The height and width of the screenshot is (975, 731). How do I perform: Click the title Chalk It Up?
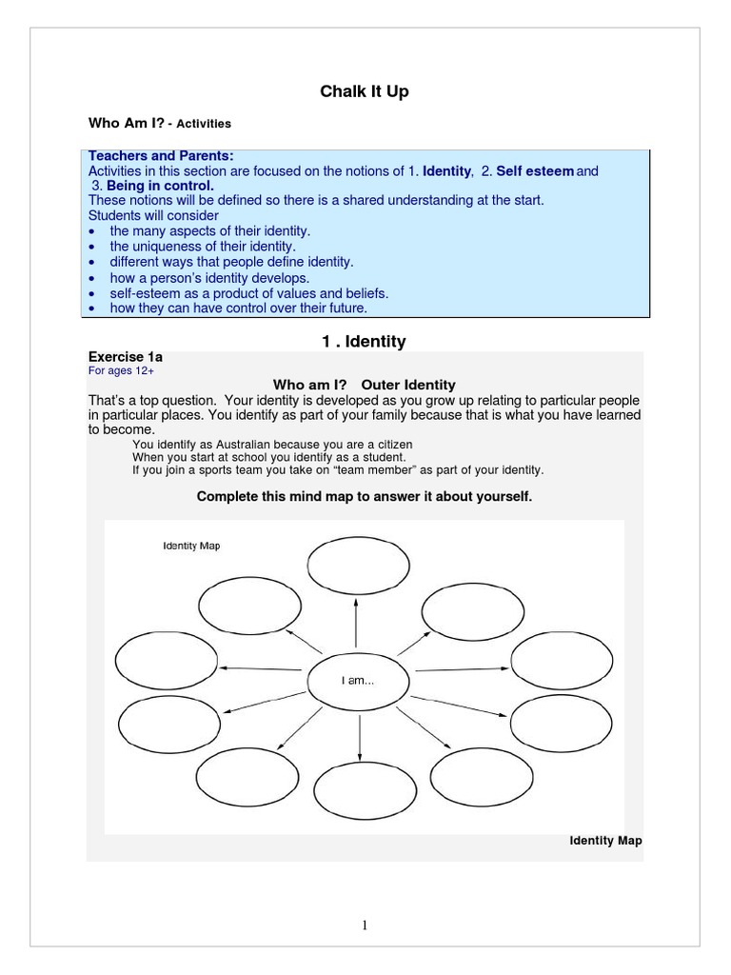click(x=365, y=92)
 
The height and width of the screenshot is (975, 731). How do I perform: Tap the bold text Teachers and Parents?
click(x=161, y=156)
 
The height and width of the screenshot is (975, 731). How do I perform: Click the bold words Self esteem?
click(x=535, y=171)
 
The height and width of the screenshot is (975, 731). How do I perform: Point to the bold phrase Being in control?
click(x=160, y=186)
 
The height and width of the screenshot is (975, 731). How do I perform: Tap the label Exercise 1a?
click(x=126, y=356)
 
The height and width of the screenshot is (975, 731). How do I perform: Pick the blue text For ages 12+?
click(x=121, y=370)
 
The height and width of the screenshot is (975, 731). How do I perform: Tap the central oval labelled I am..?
click(x=358, y=681)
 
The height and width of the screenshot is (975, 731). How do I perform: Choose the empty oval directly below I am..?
click(x=359, y=792)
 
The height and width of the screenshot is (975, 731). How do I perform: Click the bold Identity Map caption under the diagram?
click(x=605, y=841)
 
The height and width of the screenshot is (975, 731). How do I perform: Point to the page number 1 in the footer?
click(x=365, y=925)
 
